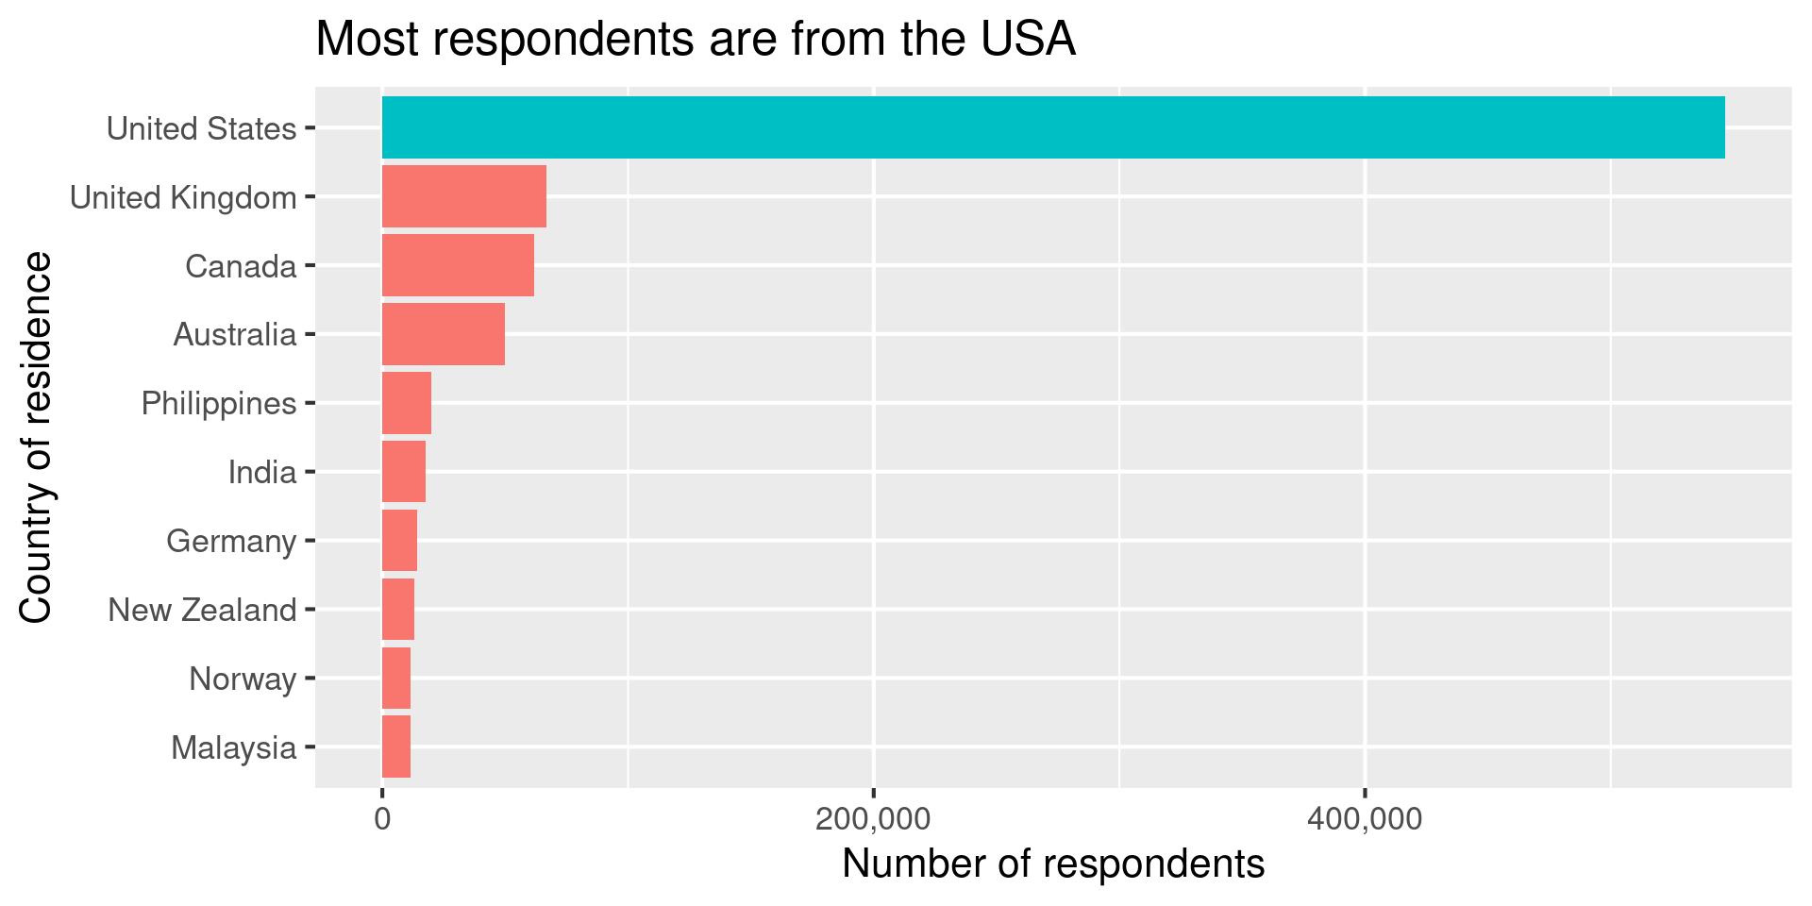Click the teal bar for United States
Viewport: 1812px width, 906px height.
tap(1052, 127)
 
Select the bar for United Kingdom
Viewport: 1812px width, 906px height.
tap(463, 196)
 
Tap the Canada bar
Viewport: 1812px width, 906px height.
tap(458, 265)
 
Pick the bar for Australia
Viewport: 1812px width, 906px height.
tap(443, 334)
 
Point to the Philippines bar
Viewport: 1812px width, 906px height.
tap(406, 403)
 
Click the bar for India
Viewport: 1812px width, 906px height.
tap(403, 472)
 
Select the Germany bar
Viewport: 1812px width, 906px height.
tap(399, 541)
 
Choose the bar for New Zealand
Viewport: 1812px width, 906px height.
tap(397, 610)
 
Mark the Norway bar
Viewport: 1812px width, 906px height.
tap(395, 679)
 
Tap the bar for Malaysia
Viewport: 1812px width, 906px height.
tap(395, 747)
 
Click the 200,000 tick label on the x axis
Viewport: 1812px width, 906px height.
tap(873, 819)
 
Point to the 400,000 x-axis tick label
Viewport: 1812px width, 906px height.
tap(1365, 819)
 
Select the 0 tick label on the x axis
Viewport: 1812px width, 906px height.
tap(382, 819)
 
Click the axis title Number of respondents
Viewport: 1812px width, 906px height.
tap(1052, 864)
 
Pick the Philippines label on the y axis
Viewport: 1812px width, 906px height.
tap(219, 404)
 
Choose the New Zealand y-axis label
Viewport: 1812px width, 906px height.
tap(202, 611)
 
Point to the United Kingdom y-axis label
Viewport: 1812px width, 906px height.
tap(183, 198)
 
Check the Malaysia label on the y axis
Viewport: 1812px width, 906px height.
tap(233, 748)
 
